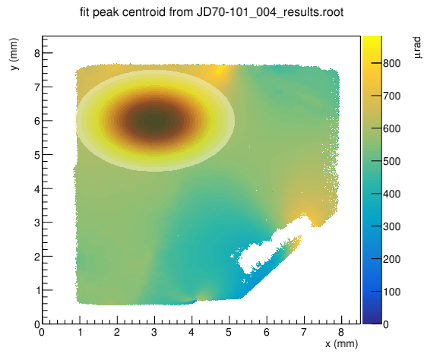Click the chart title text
[212, 12]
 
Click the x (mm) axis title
[342, 344]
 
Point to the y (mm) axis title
[14, 54]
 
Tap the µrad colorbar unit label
[417, 48]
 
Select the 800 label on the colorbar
[391, 64]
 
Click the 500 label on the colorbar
[391, 161]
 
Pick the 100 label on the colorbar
[391, 292]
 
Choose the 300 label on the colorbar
[391, 226]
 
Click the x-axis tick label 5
[229, 332]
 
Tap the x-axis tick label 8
[341, 332]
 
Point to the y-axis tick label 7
[37, 87]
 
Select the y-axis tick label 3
[37, 223]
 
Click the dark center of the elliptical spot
[155, 121]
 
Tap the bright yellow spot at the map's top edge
[219, 71]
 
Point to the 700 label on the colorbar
[391, 96]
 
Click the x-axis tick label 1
[80, 332]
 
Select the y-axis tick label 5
[37, 155]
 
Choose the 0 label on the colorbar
[386, 324]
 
